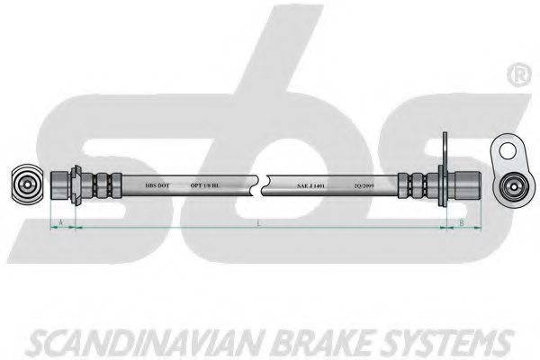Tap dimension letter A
pyautogui.click(x=59, y=221)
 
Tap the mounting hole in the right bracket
pyautogui.click(x=508, y=148)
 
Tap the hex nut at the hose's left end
pyautogui.click(x=60, y=186)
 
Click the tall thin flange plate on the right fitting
pyautogui.click(x=444, y=175)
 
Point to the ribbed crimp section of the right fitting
pyautogui.click(x=419, y=186)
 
